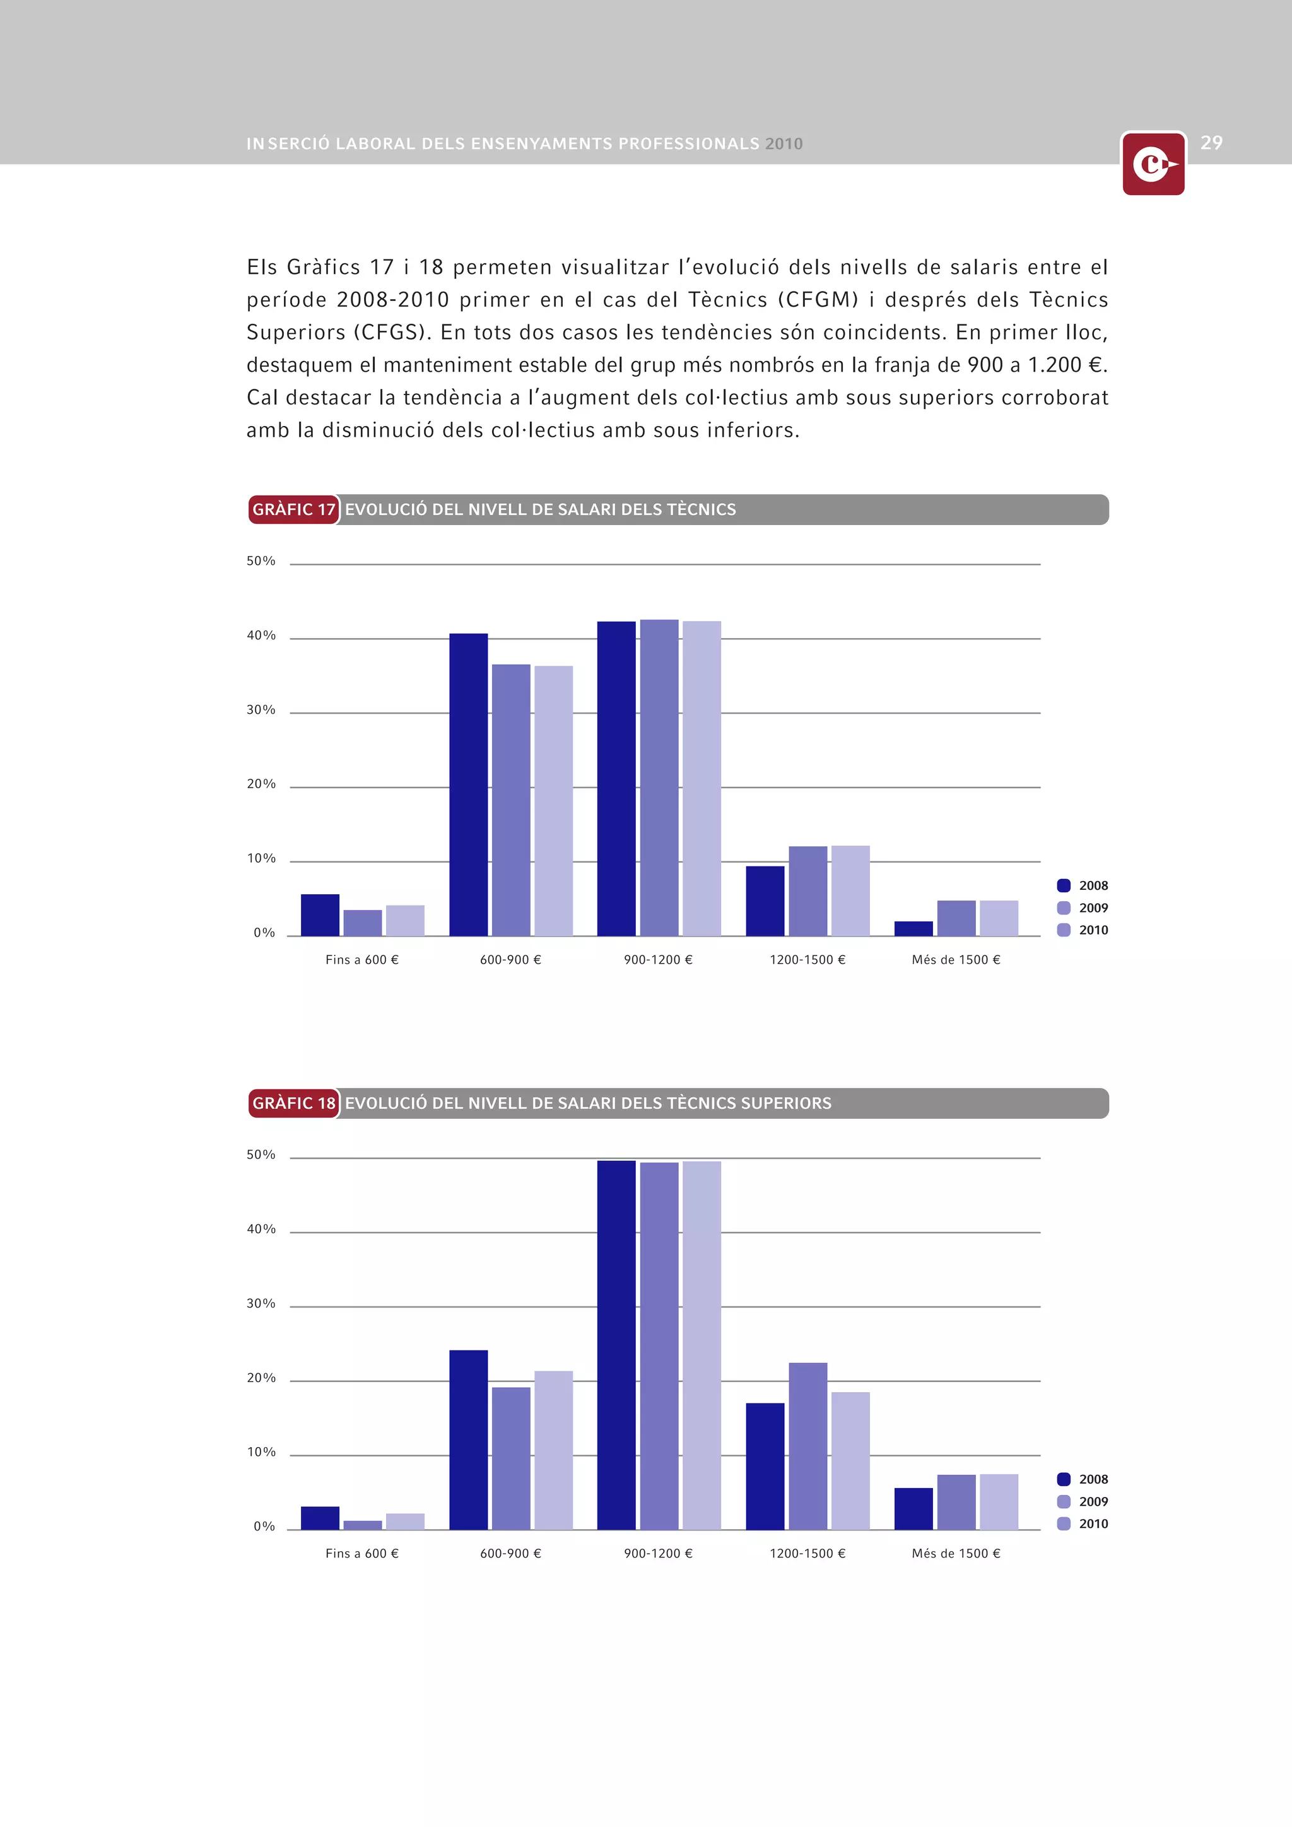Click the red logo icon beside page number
1153,164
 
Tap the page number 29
1211,143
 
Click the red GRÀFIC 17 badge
293,509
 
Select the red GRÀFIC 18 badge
293,1103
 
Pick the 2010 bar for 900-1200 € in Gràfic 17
702,778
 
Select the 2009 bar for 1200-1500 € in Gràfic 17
807,890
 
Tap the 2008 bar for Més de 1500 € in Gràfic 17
913,928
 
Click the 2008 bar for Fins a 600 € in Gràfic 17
320,915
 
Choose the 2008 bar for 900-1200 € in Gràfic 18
616,1345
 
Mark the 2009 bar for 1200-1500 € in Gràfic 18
807,1446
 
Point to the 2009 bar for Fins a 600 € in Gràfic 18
363,1525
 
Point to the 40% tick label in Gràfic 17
261,636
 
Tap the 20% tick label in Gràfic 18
261,1378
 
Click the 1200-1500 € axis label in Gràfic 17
807,960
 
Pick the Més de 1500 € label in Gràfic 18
956,1553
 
